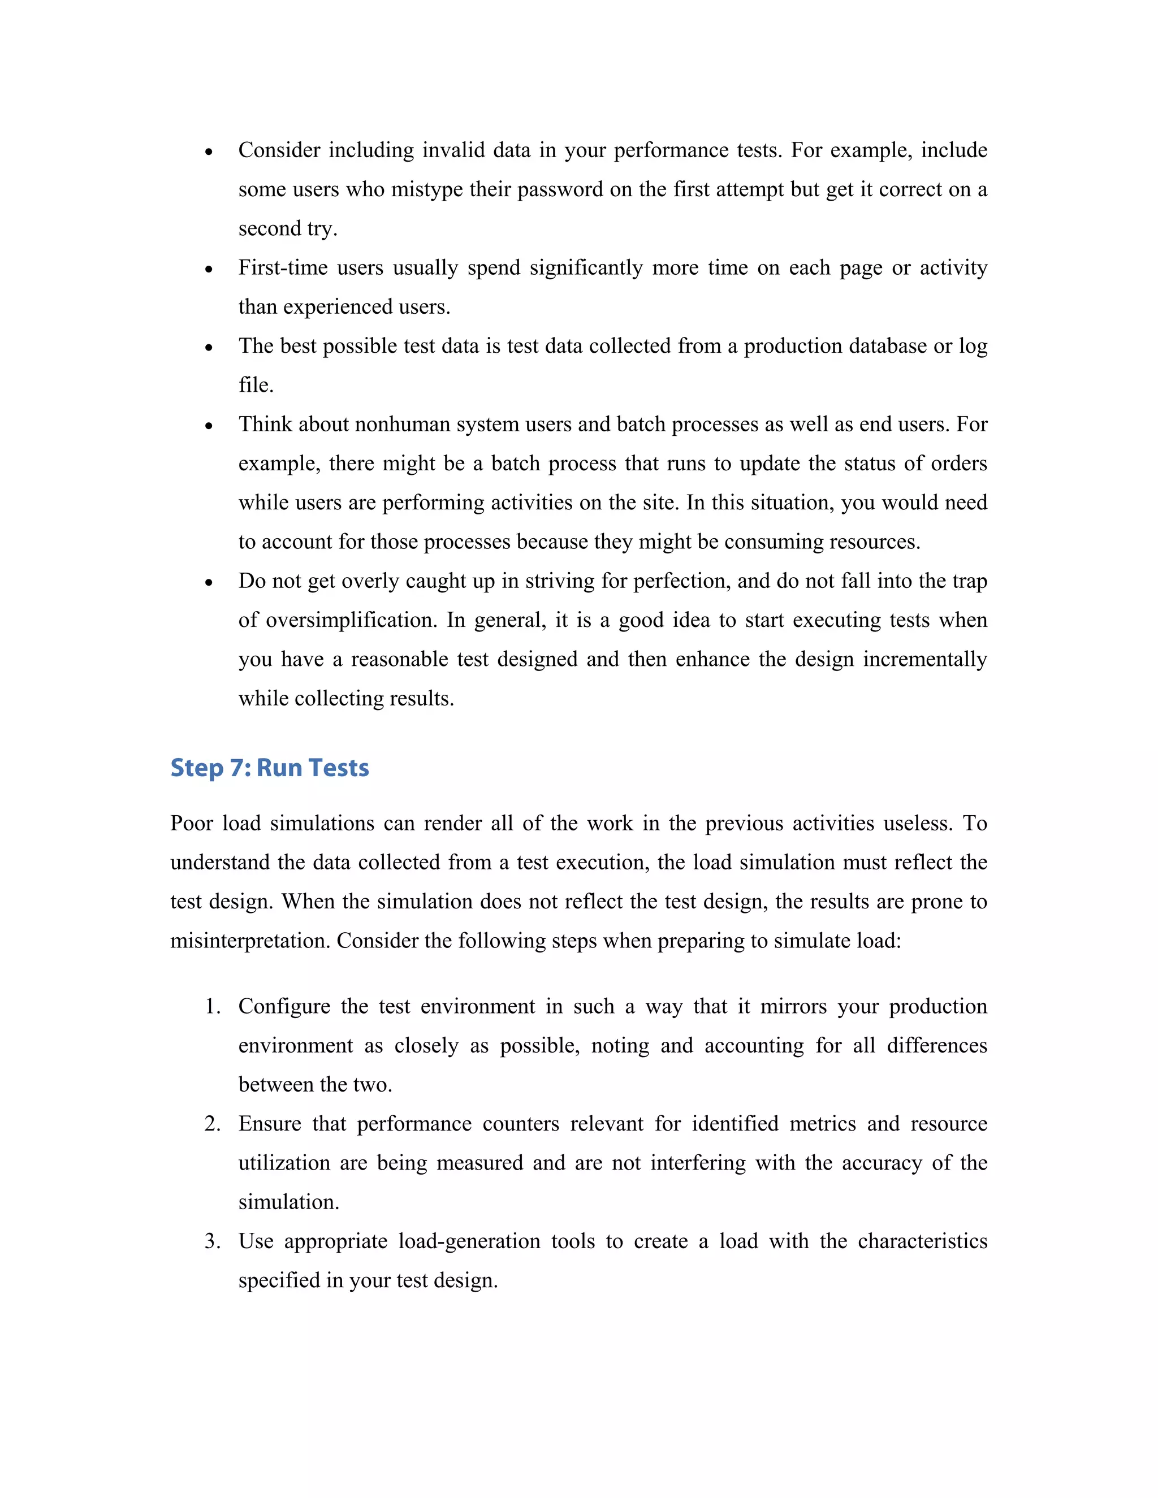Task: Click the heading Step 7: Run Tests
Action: click(x=269, y=768)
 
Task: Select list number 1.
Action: click(x=212, y=1006)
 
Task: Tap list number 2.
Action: click(x=212, y=1124)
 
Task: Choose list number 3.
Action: click(x=212, y=1241)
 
